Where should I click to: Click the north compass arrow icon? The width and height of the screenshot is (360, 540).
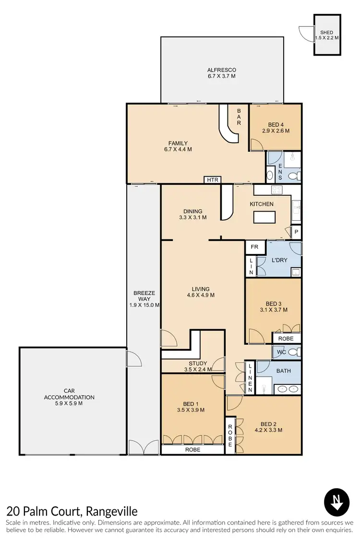click(x=336, y=502)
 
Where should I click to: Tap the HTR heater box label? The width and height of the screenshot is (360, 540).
click(x=212, y=180)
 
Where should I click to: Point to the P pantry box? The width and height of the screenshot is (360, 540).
click(x=297, y=233)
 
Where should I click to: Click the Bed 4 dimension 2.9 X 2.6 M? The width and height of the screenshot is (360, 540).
click(x=275, y=131)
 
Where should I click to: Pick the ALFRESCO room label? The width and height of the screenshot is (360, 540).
click(x=221, y=70)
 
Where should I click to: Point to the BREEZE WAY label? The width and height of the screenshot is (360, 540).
click(x=144, y=296)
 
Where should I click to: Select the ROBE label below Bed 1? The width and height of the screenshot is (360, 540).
click(x=192, y=450)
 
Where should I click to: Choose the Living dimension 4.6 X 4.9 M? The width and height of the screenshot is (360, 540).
click(x=200, y=295)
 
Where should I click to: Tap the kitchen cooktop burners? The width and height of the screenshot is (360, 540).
click(x=276, y=190)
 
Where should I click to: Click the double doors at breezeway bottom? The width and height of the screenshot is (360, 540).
click(x=144, y=447)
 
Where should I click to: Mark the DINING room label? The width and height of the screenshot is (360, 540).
click(x=192, y=211)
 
